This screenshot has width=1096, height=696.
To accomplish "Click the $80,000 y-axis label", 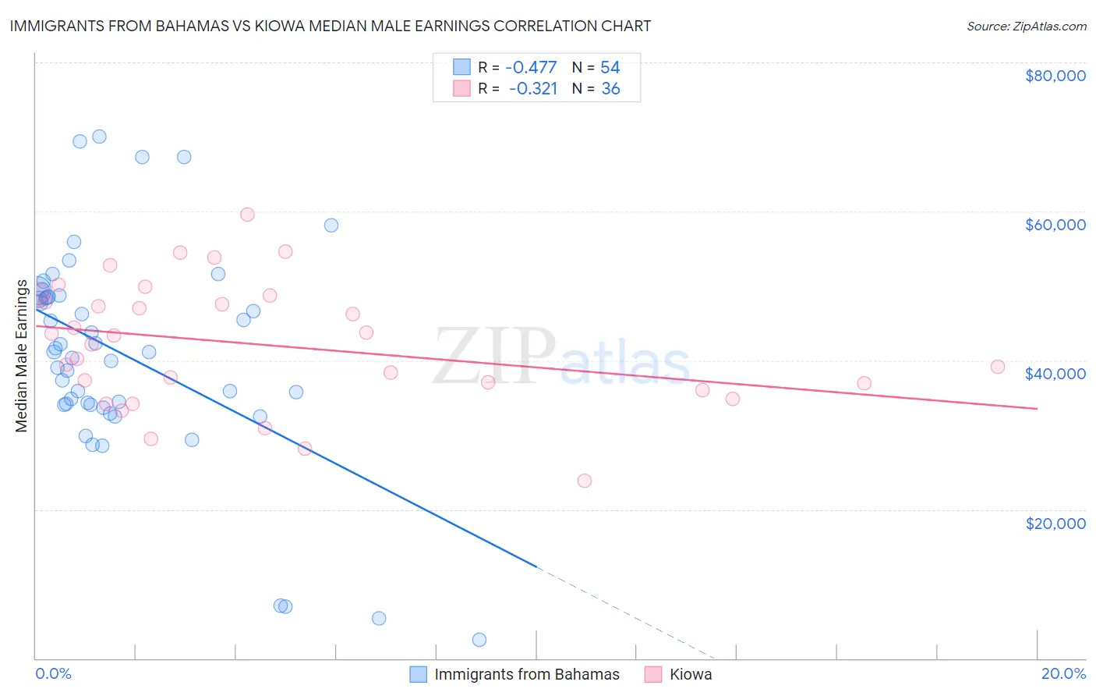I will pyautogui.click(x=1055, y=76).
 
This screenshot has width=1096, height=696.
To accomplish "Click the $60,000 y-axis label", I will pyautogui.click(x=1055, y=225).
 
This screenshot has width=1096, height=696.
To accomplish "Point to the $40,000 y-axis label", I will pyautogui.click(x=1055, y=374).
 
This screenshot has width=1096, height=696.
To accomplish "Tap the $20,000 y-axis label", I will pyautogui.click(x=1055, y=523).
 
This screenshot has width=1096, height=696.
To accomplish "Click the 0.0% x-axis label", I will pyautogui.click(x=53, y=673).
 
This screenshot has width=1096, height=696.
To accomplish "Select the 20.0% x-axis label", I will pyautogui.click(x=1063, y=673).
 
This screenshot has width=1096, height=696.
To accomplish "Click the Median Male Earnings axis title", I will pyautogui.click(x=22, y=355).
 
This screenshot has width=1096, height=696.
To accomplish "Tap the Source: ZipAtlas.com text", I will pyautogui.click(x=1026, y=26).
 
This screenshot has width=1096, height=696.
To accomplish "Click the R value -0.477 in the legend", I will pyautogui.click(x=531, y=67).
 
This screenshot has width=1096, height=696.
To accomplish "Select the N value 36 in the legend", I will pyautogui.click(x=610, y=89).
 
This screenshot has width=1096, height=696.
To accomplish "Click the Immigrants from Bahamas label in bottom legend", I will pyautogui.click(x=527, y=674).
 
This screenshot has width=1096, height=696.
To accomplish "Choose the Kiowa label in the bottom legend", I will pyautogui.click(x=691, y=674).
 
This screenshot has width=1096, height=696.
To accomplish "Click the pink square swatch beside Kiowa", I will pyautogui.click(x=653, y=674).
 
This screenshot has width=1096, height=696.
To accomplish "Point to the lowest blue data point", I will pyautogui.click(x=479, y=640).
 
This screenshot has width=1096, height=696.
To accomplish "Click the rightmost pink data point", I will pyautogui.click(x=997, y=367).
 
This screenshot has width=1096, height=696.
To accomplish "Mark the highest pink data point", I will pyautogui.click(x=247, y=215).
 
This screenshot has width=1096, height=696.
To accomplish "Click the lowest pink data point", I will pyautogui.click(x=585, y=481).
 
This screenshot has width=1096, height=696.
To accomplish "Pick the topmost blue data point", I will pyautogui.click(x=99, y=137).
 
